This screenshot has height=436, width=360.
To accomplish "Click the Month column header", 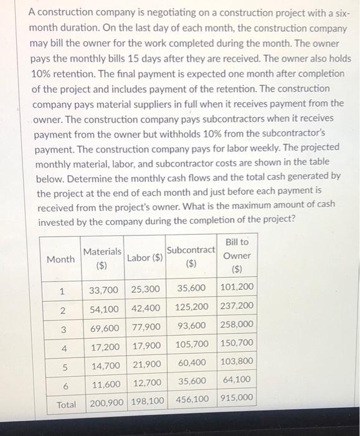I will pos(60,258).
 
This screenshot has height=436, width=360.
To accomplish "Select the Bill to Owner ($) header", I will pos(237,256).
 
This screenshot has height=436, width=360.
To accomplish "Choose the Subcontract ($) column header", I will pos(191,256).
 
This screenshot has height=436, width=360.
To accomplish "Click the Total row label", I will pos(66,404).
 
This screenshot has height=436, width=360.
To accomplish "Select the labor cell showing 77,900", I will pos(146,327).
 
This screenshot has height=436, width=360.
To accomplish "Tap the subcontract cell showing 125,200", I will pos(191,308).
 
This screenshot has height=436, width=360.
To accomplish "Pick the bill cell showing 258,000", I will pos(237,325).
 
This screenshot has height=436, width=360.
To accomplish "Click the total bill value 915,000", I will pos(237,398).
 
